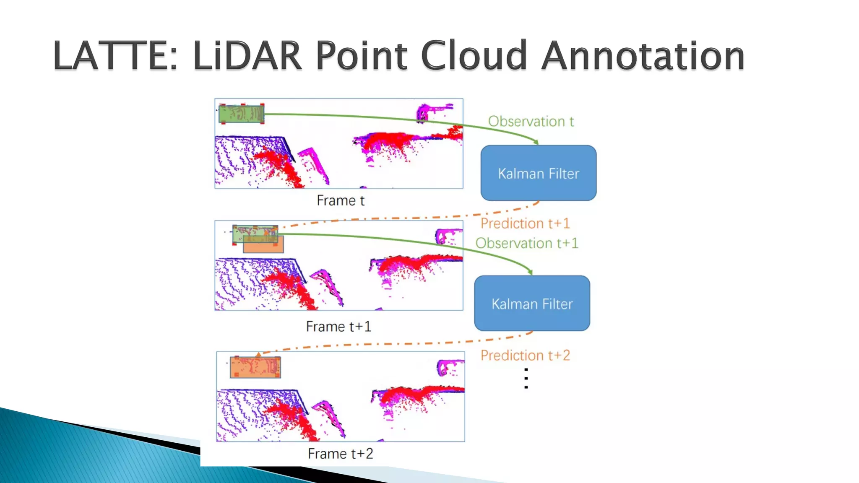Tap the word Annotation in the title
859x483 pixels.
643,55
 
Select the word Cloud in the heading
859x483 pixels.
474,55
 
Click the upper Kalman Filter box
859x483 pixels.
539,173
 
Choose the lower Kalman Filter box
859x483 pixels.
532,304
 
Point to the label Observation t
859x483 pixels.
531,121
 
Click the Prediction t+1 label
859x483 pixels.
525,223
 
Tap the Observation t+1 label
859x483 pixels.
527,243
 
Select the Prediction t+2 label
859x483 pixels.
525,356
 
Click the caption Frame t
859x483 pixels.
341,200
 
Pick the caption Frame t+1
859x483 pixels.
338,326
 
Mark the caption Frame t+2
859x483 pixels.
340,454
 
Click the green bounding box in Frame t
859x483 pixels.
242,114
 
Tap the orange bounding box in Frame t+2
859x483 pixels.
255,367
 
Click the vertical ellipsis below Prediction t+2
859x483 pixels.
526,378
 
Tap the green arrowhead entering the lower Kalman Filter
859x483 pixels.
530,273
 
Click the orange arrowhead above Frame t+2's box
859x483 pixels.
259,355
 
